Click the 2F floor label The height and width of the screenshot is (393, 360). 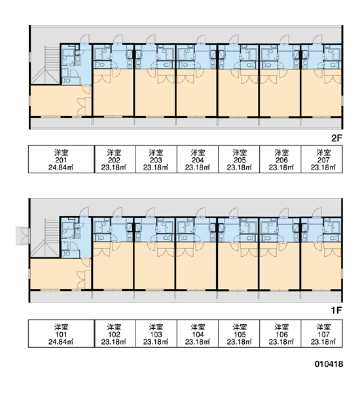(x=336, y=138)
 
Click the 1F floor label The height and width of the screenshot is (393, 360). (x=336, y=310)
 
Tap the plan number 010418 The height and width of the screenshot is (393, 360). (x=329, y=364)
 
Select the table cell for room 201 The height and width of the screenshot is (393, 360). (x=61, y=159)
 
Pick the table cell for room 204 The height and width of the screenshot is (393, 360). (x=198, y=159)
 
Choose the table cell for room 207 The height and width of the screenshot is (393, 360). (x=321, y=159)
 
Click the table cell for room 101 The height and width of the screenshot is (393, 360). (x=61, y=333)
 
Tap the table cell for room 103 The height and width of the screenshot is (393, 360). (x=156, y=333)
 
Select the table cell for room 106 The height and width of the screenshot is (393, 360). (x=280, y=333)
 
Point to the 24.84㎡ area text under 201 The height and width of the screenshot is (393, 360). (x=61, y=168)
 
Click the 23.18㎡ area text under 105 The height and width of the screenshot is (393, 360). (x=240, y=342)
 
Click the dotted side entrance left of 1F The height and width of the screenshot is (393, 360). (x=23, y=236)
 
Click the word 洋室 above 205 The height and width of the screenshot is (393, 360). (x=240, y=153)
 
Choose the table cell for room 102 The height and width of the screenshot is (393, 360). (x=115, y=333)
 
